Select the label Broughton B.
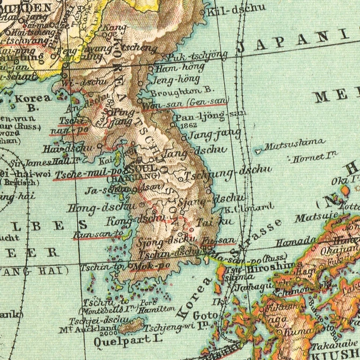(x=182, y=90)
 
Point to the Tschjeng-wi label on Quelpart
(x=169, y=327)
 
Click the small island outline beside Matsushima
(x=258, y=151)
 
